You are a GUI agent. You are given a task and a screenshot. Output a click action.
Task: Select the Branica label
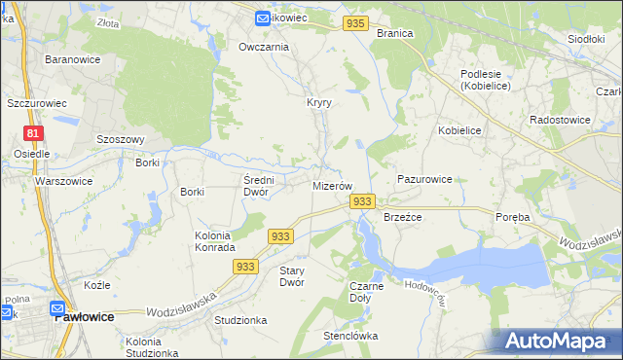(394, 32)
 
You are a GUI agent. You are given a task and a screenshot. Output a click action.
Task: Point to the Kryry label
(319, 102)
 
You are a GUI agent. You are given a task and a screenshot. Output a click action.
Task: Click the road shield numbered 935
(356, 23)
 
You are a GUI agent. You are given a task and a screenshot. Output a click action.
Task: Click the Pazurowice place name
(424, 179)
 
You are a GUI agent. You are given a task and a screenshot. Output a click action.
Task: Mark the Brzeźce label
(402, 217)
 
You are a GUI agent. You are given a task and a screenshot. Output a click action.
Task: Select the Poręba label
(512, 217)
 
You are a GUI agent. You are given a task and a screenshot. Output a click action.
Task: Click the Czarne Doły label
(367, 292)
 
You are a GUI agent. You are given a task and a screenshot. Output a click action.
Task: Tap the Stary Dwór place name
(292, 275)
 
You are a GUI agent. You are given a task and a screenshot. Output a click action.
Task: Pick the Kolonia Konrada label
(200, 241)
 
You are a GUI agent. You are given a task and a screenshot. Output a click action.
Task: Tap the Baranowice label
(69, 59)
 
